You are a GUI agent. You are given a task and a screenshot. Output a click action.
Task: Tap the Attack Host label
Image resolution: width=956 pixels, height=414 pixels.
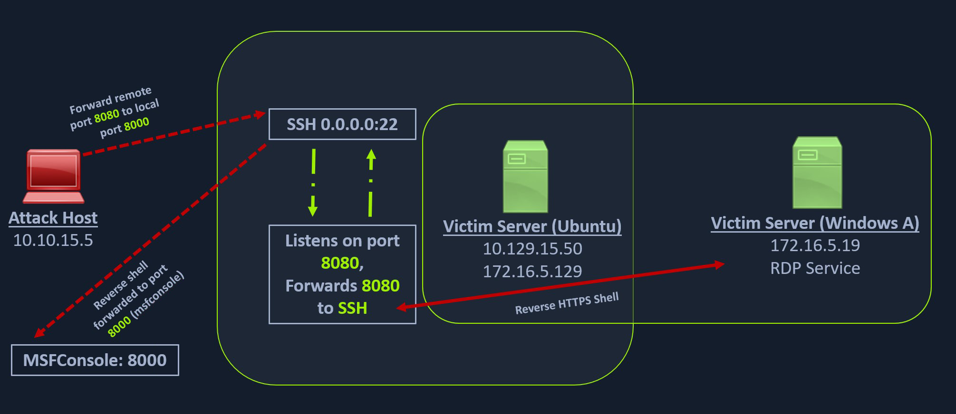[x=53, y=218]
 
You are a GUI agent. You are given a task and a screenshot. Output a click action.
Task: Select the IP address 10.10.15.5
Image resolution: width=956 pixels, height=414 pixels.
[x=53, y=240]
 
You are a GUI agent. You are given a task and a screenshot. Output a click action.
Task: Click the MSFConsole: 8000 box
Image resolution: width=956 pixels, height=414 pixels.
[x=95, y=360]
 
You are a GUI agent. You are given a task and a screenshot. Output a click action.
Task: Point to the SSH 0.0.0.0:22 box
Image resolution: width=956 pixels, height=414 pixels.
[x=342, y=124]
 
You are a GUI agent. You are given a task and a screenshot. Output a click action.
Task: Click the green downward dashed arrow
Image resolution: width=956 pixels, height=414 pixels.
[x=313, y=183]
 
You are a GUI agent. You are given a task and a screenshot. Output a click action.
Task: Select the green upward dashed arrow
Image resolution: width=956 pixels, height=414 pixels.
[x=371, y=183]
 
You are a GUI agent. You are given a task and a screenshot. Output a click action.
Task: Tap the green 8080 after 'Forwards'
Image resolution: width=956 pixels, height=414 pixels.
[x=380, y=286]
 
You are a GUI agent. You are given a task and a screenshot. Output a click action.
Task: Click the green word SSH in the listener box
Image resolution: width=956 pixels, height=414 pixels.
[x=352, y=309]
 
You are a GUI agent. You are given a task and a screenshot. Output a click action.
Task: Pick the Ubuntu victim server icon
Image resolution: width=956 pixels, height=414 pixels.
[x=525, y=176]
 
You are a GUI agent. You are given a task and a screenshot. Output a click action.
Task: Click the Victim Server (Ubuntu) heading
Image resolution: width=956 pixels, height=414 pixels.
[x=532, y=226]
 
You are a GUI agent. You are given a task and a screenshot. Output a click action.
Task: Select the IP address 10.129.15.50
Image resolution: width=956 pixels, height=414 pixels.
[x=532, y=249]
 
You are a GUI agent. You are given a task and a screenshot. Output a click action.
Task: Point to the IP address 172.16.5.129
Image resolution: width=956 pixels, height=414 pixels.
[x=532, y=272]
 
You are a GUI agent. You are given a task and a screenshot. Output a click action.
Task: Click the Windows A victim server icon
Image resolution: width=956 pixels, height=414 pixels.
[x=817, y=173]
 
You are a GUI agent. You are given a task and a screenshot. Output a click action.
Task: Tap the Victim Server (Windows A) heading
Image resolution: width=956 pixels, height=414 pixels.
[x=815, y=223]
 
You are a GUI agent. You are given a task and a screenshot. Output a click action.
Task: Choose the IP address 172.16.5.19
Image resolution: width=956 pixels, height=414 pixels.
[x=815, y=245]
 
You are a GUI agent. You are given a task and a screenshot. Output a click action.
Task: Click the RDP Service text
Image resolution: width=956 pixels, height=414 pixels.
[x=815, y=268]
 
